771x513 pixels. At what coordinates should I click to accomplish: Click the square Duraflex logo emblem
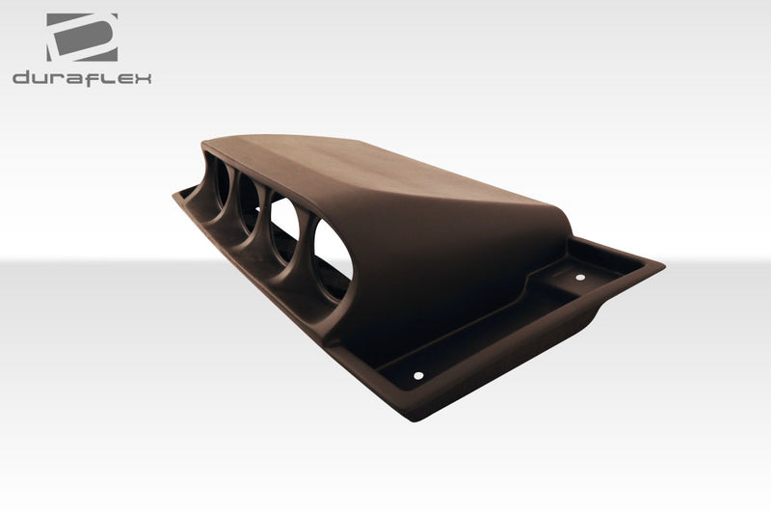coord(82,37)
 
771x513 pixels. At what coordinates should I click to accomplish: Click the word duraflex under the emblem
coord(82,78)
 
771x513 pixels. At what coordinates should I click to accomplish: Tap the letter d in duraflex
coord(21,78)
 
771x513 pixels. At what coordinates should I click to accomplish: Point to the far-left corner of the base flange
coord(175,195)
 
